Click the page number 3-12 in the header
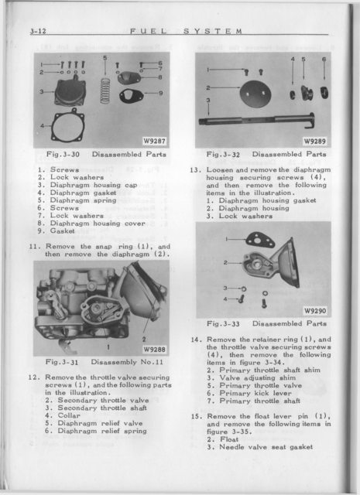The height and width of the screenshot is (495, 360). (38, 31)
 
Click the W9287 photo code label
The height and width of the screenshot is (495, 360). (154, 141)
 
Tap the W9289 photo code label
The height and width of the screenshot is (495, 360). (315, 141)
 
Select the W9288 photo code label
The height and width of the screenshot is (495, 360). (154, 349)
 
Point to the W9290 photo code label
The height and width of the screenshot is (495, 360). (315, 311)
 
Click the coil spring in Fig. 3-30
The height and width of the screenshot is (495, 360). (105, 91)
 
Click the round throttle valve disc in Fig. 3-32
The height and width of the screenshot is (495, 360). (255, 94)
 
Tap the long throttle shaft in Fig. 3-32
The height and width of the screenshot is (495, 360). (256, 121)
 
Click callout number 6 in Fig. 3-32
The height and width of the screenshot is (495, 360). (324, 59)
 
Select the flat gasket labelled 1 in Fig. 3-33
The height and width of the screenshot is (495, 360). (260, 240)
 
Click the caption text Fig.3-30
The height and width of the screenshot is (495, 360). (63, 155)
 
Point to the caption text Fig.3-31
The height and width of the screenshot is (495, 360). (62, 362)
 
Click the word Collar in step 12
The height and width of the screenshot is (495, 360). (69, 415)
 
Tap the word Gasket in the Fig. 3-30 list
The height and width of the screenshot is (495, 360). (62, 231)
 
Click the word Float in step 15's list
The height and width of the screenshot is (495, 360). (229, 439)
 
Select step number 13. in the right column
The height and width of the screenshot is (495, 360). (196, 170)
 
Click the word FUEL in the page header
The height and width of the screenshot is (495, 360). (148, 31)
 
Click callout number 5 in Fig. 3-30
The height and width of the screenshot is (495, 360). (105, 57)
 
